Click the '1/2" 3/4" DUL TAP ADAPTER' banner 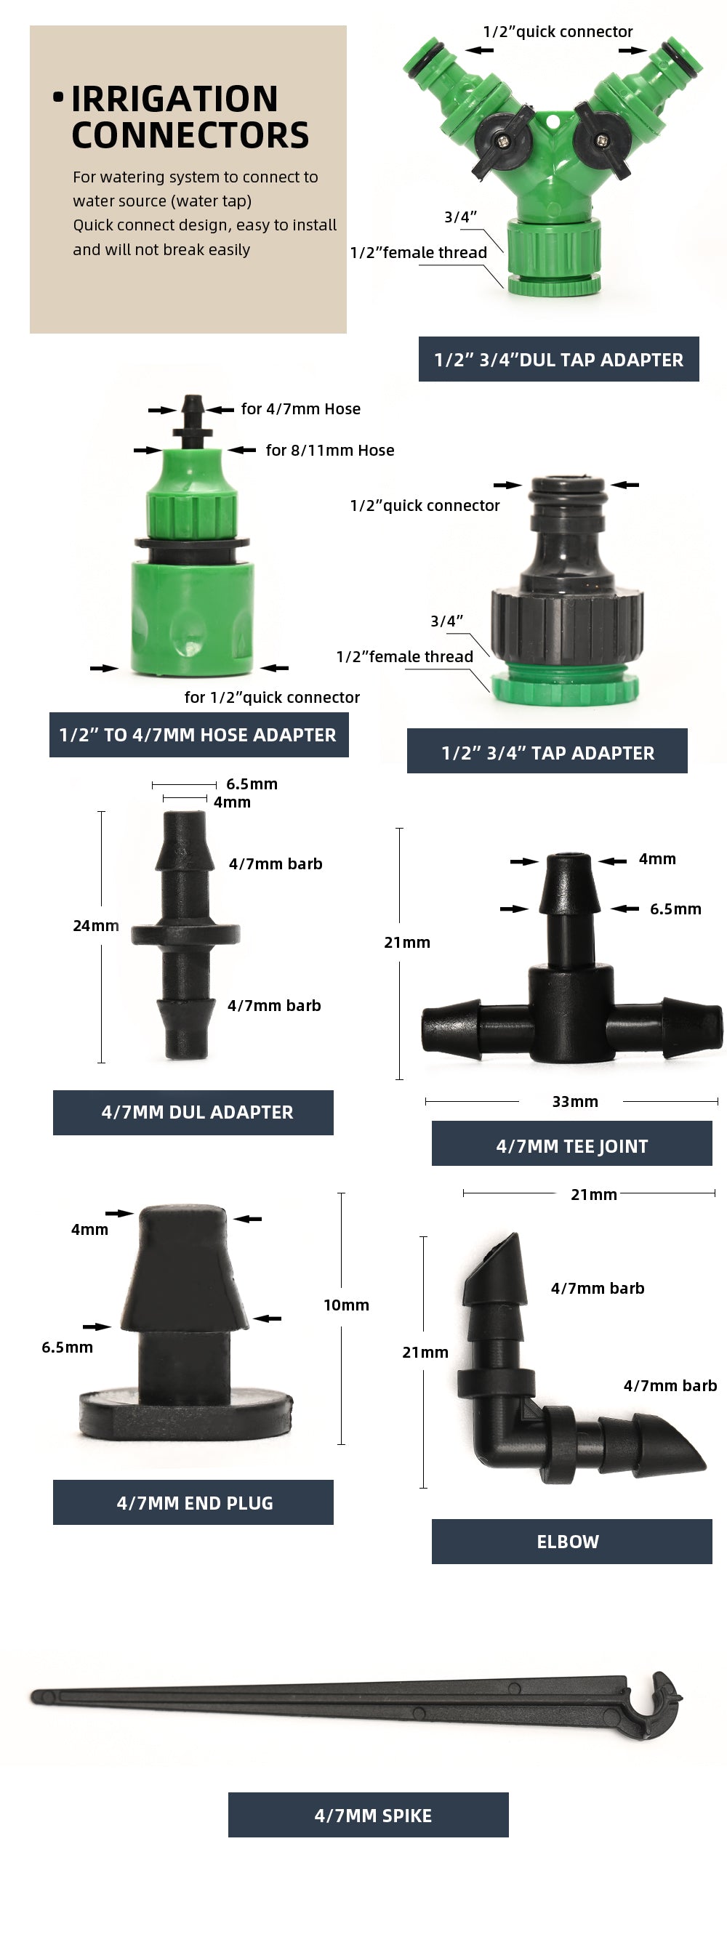point(558,360)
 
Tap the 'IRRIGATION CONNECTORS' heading point(190,116)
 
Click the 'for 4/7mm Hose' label point(301,409)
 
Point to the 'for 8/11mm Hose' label point(330,451)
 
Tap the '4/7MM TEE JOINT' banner point(571,1146)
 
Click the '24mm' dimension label point(95,926)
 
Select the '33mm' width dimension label point(575,1102)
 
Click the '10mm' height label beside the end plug point(346,1305)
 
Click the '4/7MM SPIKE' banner point(369,1815)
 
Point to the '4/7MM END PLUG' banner point(193,1502)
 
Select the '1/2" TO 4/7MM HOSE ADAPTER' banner point(198,735)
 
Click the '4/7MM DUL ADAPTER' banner point(193,1112)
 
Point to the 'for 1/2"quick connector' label point(272,698)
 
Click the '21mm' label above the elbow point(593,1194)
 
